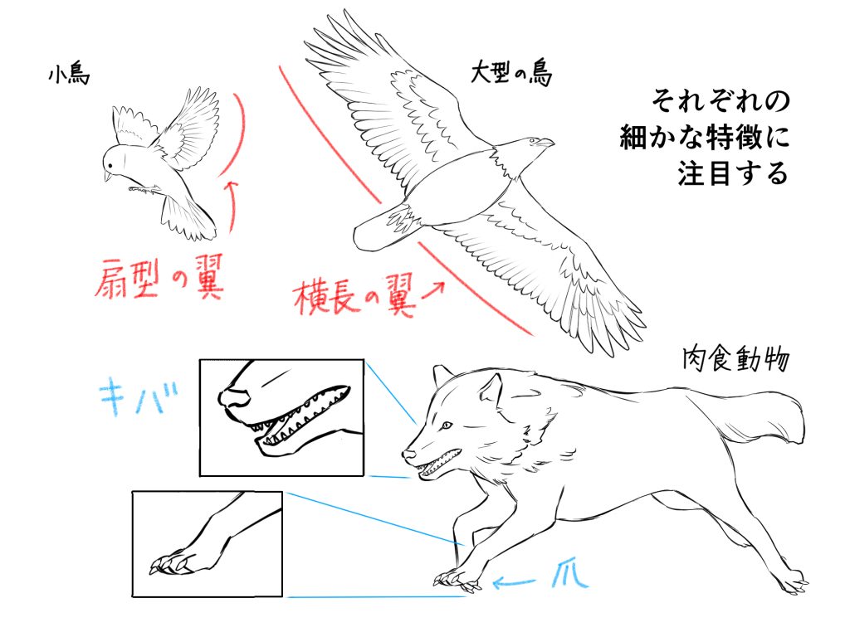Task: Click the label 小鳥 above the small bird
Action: coord(69,75)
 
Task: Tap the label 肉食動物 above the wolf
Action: coord(735,358)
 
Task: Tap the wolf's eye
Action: coord(446,425)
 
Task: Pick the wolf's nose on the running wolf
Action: coord(408,454)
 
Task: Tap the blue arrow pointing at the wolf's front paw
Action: coord(514,583)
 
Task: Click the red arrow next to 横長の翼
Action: coord(433,289)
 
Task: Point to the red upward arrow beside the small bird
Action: coord(232,207)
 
